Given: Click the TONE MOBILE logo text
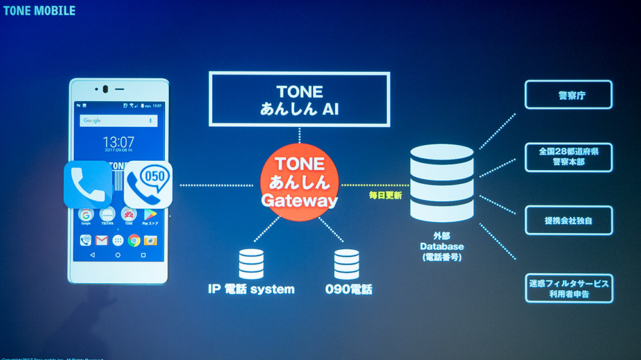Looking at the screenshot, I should [39, 11].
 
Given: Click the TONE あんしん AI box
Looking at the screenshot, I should [299, 99].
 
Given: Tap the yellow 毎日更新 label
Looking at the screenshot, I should [385, 195].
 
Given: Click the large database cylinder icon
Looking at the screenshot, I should [442, 183].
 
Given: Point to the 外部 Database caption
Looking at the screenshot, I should [442, 246].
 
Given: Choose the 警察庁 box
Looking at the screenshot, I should [569, 95].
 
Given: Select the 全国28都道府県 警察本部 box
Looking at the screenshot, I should [569, 157].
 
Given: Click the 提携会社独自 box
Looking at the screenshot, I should [569, 220].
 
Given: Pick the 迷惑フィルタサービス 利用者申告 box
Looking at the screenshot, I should [569, 288].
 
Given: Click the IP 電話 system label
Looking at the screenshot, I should [251, 289].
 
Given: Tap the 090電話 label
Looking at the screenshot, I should [347, 289].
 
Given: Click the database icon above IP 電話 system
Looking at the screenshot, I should [251, 264].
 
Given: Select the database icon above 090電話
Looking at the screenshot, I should [347, 264].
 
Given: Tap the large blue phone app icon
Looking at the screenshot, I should [88, 184].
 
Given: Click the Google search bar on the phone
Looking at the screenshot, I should [119, 120].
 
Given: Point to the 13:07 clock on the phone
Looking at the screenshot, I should [119, 142].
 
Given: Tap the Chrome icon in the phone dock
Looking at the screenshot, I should [134, 240].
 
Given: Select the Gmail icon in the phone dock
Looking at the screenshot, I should [101, 240].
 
